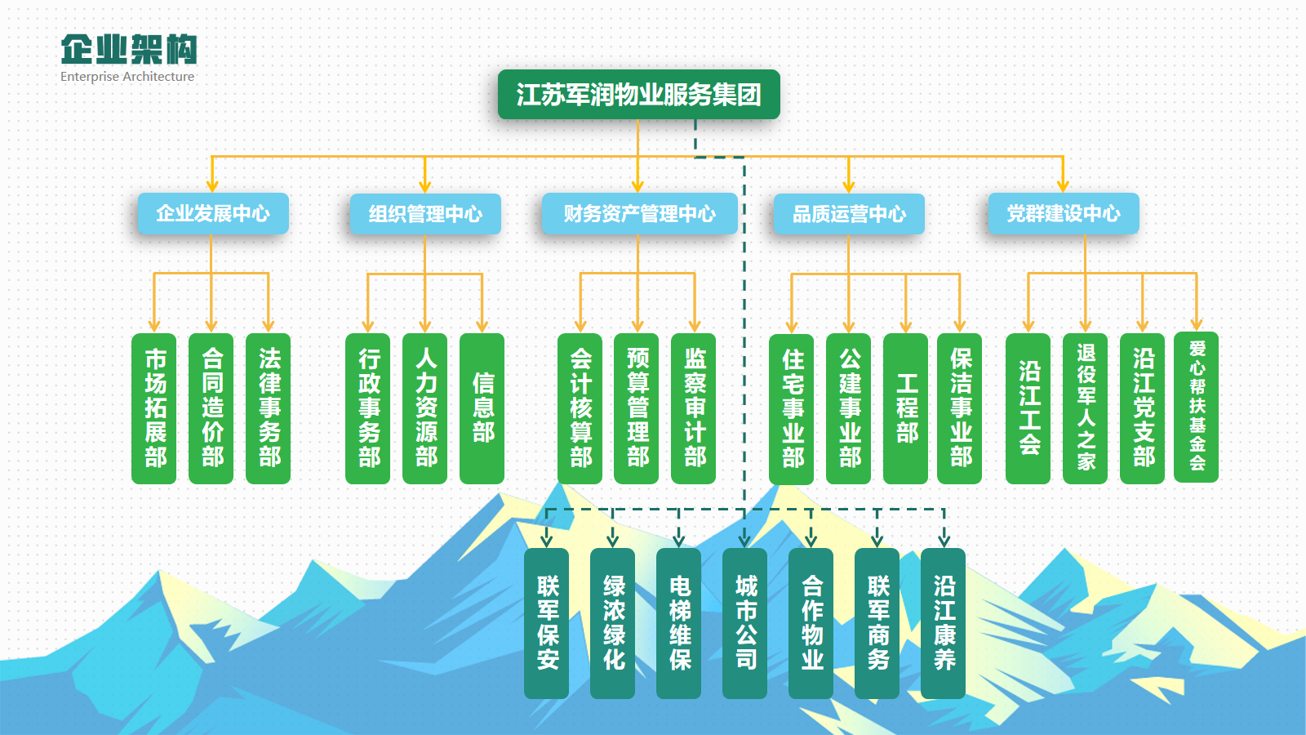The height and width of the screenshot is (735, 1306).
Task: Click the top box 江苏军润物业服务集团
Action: pyautogui.click(x=638, y=95)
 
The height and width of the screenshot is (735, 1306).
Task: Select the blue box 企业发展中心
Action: pyautogui.click(x=213, y=213)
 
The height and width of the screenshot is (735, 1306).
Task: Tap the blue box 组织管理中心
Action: pyautogui.click(x=425, y=213)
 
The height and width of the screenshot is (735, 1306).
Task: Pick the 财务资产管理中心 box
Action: pyautogui.click(x=640, y=213)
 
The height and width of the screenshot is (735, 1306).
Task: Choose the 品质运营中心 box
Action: pyautogui.click(x=849, y=213)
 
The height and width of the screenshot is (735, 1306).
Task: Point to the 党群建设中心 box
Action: pyautogui.click(x=1064, y=213)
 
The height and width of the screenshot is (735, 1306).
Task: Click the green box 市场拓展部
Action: pyautogui.click(x=154, y=408)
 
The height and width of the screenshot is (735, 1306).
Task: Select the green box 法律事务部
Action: pyautogui.click(x=269, y=408)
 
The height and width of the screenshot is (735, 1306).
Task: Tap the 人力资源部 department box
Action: pyautogui.click(x=425, y=408)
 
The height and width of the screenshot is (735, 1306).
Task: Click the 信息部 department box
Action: pyautogui.click(x=482, y=408)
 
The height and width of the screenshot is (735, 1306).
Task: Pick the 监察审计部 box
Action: pyautogui.click(x=694, y=408)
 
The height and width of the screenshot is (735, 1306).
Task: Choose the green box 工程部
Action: pyautogui.click(x=905, y=408)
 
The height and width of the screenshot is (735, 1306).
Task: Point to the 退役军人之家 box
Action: pyautogui.click(x=1085, y=408)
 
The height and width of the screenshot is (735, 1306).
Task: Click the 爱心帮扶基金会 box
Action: pyautogui.click(x=1197, y=407)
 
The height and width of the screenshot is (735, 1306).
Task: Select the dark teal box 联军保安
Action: pyautogui.click(x=546, y=623)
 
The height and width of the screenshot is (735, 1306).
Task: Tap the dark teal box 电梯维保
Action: pyautogui.click(x=678, y=623)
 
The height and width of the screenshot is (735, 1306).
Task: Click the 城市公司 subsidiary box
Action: pyautogui.click(x=744, y=623)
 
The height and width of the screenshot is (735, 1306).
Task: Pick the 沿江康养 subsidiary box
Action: pyautogui.click(x=944, y=623)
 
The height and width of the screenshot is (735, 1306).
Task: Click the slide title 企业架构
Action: pyautogui.click(x=129, y=49)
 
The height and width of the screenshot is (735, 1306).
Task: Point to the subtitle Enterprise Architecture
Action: pyautogui.click(x=127, y=77)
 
